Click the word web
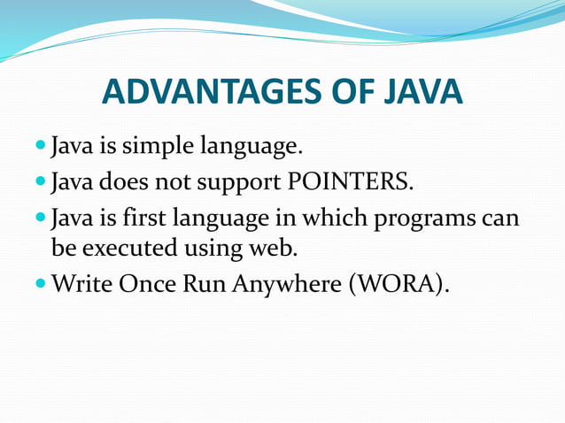pos(273,248)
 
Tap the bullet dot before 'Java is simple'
pos(42,144)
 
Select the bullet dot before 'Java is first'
pos(42,217)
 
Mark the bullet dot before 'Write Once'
pos(42,284)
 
